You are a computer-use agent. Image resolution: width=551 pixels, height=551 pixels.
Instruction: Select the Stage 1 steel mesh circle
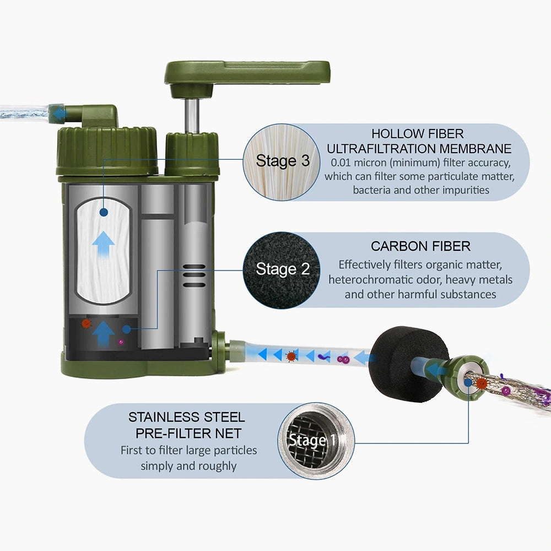click(312, 440)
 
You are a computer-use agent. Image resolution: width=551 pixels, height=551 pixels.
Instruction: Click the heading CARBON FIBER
click(420, 246)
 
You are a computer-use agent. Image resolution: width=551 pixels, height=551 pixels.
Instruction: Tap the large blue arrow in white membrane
click(102, 242)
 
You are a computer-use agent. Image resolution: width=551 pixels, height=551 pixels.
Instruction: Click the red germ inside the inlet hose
click(291, 356)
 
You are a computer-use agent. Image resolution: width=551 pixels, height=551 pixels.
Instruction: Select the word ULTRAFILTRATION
click(385, 148)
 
